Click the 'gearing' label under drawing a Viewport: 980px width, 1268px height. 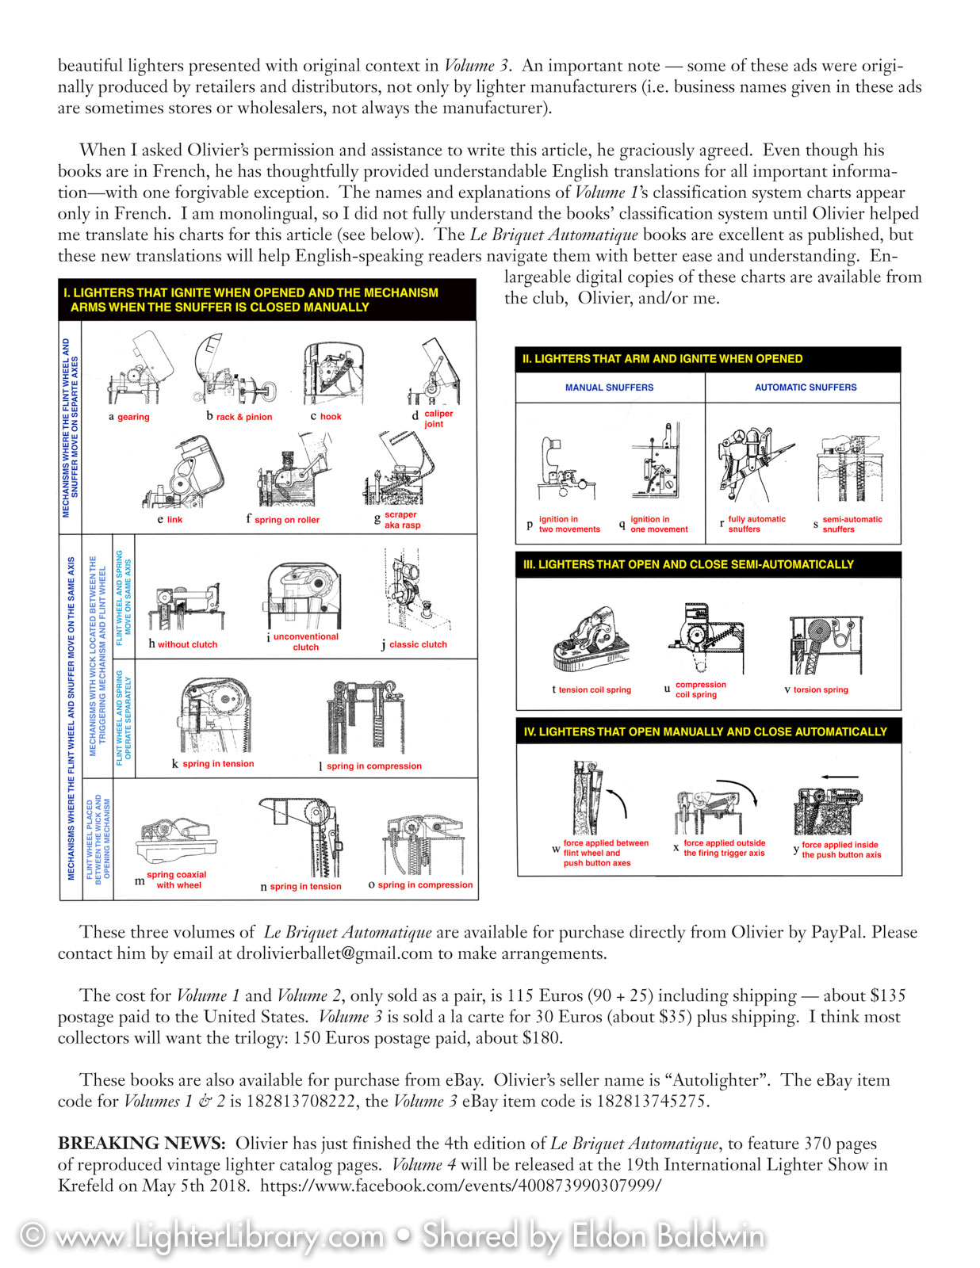tap(133, 417)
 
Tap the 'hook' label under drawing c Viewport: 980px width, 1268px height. tap(331, 417)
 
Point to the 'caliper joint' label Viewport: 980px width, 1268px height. tap(438, 418)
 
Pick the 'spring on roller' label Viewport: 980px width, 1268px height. tap(287, 520)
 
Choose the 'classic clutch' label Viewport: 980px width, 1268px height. tap(418, 644)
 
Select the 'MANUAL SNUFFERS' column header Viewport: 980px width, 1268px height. tap(609, 388)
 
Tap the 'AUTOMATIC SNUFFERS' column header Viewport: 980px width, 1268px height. tap(806, 388)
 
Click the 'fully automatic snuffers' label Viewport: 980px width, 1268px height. tap(756, 524)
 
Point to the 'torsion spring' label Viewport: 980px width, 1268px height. tap(821, 689)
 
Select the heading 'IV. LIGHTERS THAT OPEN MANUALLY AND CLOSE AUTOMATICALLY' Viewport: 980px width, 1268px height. tap(705, 731)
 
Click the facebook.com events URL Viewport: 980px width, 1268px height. tap(461, 1186)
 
